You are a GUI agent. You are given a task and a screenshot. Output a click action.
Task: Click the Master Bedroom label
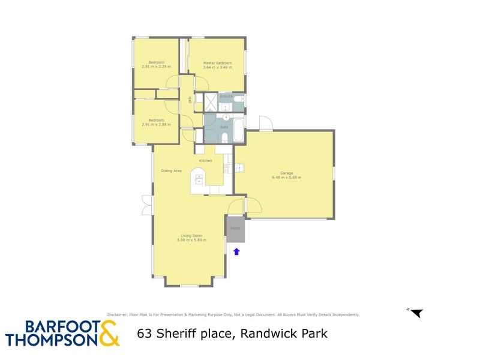pos(217,62)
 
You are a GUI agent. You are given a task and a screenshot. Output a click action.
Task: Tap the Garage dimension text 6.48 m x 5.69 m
pos(286,178)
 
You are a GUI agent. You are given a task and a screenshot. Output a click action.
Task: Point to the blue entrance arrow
pos(236,251)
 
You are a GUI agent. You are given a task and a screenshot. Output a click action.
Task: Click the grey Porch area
pos(235,229)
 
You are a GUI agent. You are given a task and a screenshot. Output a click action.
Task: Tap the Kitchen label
pos(206,161)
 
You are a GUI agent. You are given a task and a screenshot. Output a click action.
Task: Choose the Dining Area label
pos(171,171)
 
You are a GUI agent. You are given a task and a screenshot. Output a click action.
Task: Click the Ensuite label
pos(226,96)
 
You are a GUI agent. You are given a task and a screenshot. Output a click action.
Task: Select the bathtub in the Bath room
pos(238,131)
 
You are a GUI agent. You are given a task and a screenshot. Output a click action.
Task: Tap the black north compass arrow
pos(416,313)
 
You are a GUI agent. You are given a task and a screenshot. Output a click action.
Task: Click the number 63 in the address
pos(145,334)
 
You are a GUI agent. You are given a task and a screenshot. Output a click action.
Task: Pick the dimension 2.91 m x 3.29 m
pos(156,67)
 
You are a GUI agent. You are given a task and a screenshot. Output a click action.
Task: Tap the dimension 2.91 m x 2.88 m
pos(156,124)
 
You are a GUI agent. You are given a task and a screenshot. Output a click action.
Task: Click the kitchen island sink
pos(199,178)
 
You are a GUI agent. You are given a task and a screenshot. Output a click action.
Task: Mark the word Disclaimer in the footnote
pos(118,314)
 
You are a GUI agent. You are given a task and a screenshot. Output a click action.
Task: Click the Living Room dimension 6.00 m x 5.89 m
pos(192,240)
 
